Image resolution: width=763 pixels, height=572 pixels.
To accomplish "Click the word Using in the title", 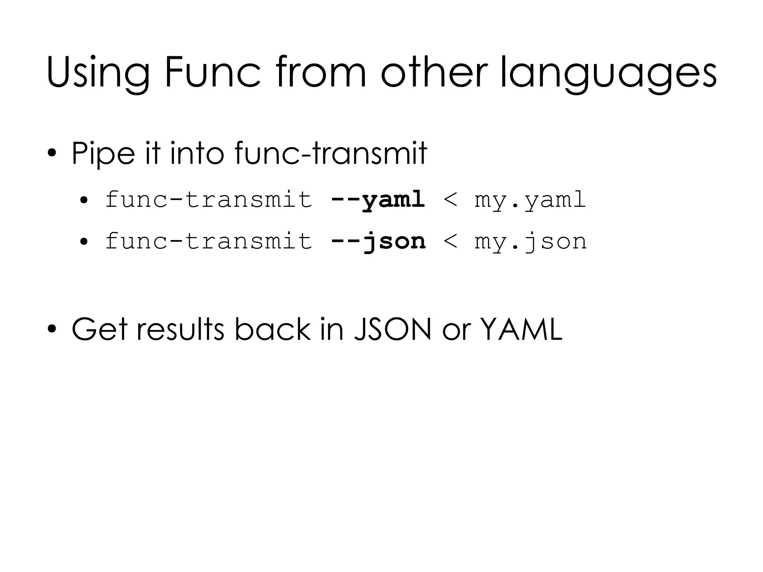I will (x=98, y=73).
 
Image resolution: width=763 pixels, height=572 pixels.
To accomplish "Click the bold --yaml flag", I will (x=378, y=199).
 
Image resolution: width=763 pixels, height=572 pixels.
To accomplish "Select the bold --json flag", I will (x=378, y=241).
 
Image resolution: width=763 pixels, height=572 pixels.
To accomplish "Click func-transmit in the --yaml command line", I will (x=209, y=199).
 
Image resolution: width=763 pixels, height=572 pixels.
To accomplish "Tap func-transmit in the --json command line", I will (x=209, y=241).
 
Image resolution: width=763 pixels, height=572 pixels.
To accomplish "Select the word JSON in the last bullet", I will (x=392, y=329).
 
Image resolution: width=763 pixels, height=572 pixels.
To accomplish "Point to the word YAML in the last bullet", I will (x=522, y=329).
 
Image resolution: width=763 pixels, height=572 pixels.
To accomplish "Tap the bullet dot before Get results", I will (x=52, y=330).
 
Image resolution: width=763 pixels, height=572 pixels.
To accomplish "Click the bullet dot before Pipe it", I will (x=52, y=154).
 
